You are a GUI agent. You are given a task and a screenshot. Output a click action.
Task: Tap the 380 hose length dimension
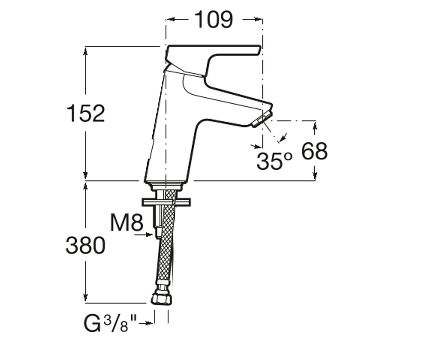pos(85,246)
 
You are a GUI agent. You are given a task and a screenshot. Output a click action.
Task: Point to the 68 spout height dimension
pos(315,151)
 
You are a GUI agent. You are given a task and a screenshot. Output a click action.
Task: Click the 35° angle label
pos(274,161)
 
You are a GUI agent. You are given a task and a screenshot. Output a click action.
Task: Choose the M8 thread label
pos(127,222)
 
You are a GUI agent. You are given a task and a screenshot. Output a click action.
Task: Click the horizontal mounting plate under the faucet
pos(166,202)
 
